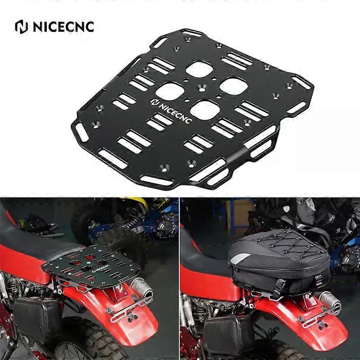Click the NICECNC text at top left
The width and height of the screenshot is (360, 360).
coord(63,27)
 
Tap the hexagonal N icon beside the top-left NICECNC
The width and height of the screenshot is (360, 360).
coord(21,27)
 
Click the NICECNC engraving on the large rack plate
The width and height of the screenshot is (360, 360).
coord(171,111)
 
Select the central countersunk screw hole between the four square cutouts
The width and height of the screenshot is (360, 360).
coord(202,88)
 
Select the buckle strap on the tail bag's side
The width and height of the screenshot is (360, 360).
coord(318,280)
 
